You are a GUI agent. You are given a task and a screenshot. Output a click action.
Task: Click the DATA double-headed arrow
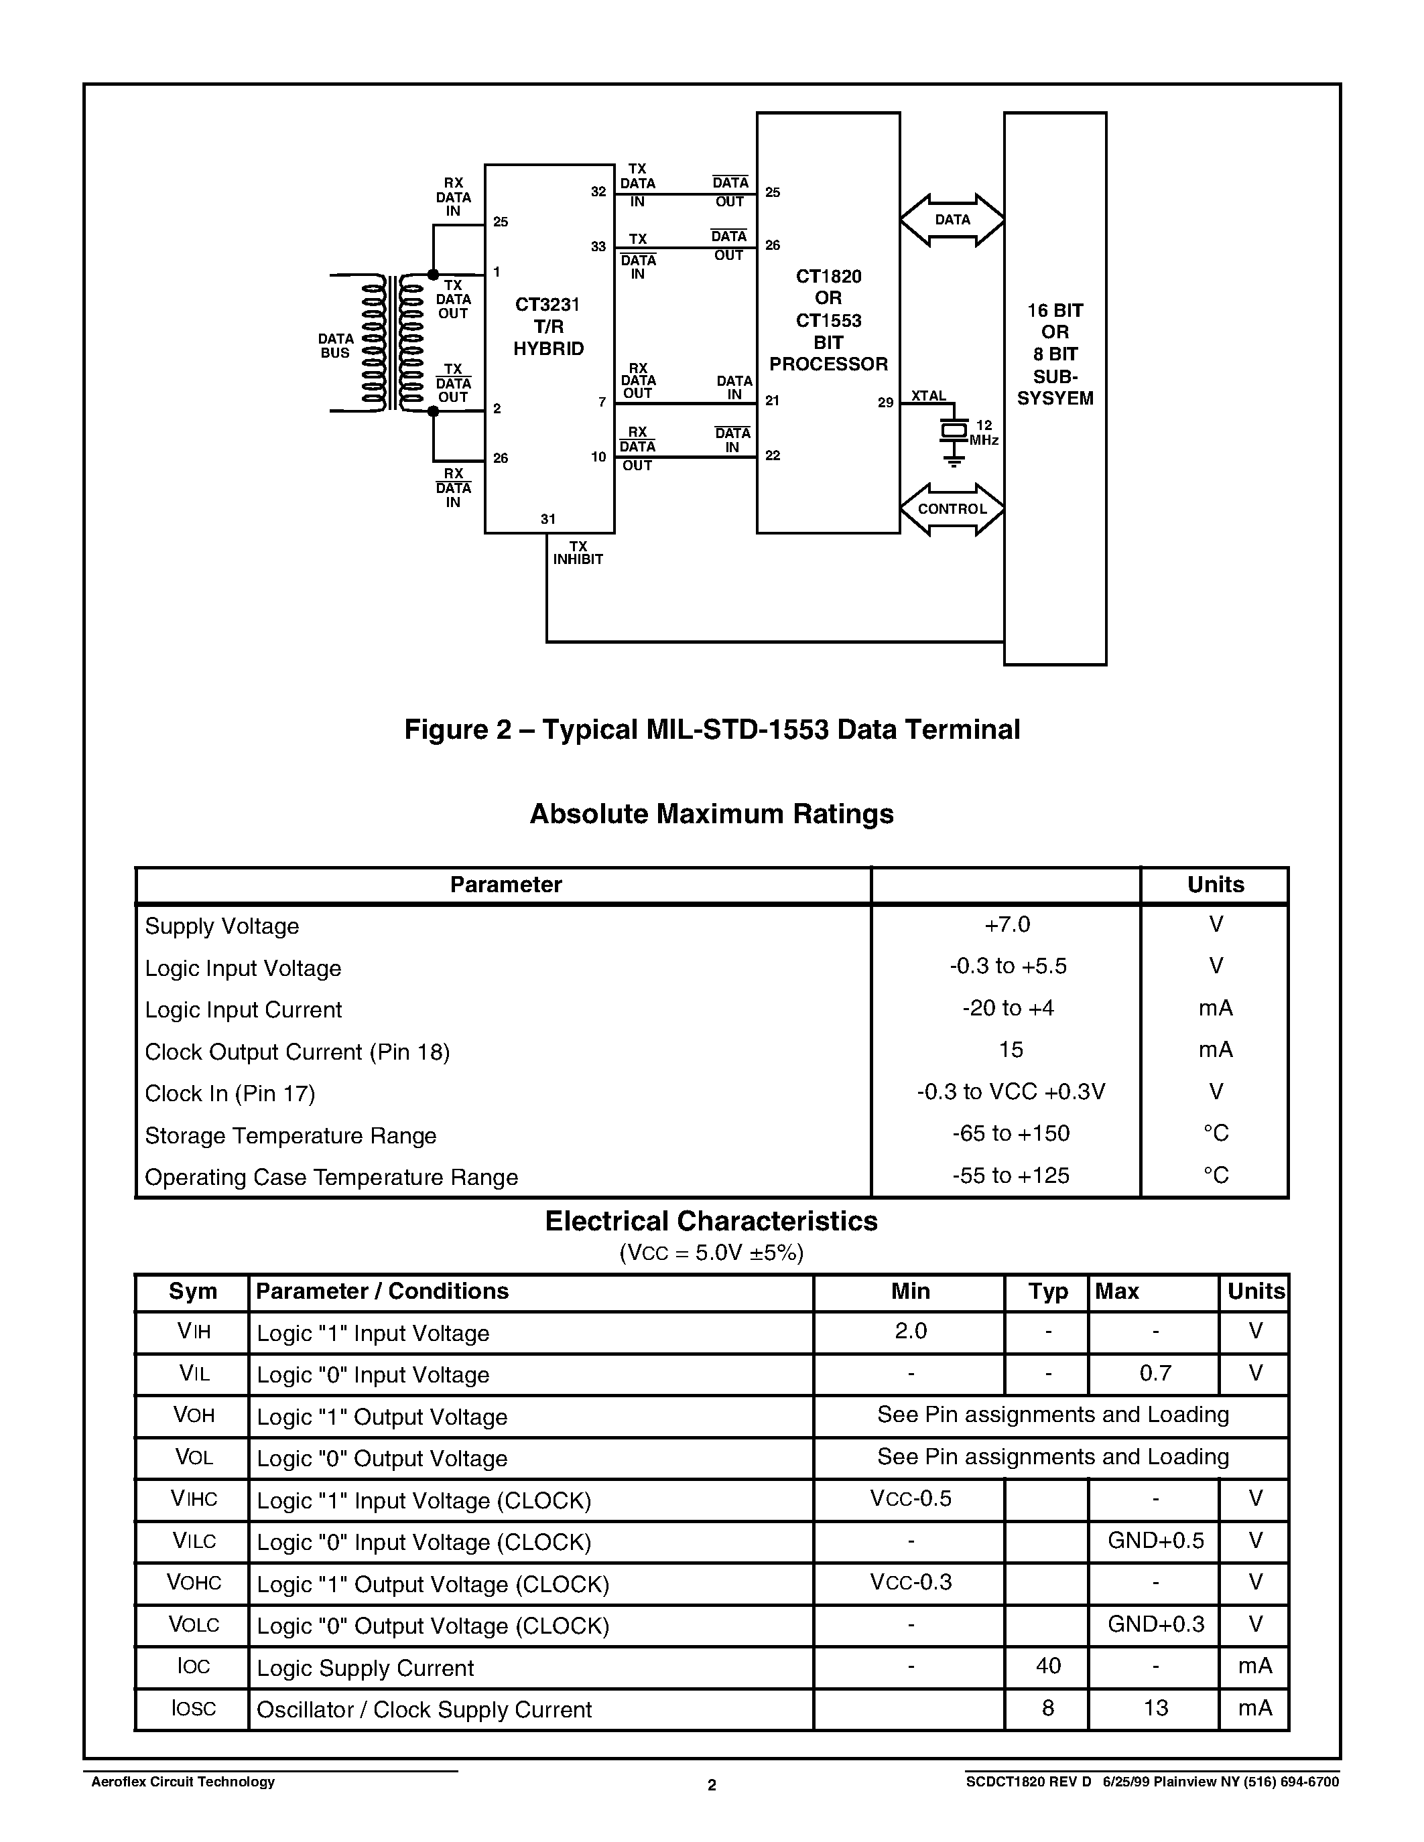(x=952, y=220)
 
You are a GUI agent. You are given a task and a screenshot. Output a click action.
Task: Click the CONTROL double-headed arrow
(x=952, y=510)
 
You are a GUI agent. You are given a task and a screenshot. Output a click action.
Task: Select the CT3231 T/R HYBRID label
(x=548, y=326)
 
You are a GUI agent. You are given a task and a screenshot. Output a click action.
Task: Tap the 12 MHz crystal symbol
(x=954, y=431)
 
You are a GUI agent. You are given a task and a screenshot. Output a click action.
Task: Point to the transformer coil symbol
(x=391, y=343)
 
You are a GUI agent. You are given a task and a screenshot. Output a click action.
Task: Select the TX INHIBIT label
(x=578, y=553)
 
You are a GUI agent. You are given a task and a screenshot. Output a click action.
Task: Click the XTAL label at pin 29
(x=928, y=396)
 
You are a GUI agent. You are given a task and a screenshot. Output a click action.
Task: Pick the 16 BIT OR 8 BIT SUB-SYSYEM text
(x=1055, y=354)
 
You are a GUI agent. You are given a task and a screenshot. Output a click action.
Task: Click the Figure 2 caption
(x=712, y=729)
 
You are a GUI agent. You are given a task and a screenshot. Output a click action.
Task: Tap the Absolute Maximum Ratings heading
(x=711, y=814)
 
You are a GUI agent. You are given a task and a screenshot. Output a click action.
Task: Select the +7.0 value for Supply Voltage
(x=1007, y=924)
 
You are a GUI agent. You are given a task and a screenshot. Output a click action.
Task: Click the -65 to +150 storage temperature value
(x=1010, y=1133)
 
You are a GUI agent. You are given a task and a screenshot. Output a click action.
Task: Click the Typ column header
(x=1048, y=1291)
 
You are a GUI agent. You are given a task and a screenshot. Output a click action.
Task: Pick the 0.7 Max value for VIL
(x=1155, y=1374)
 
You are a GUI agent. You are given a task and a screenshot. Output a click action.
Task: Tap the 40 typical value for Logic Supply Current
(x=1048, y=1666)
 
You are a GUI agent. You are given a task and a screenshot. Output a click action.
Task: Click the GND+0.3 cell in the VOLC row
(x=1155, y=1624)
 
